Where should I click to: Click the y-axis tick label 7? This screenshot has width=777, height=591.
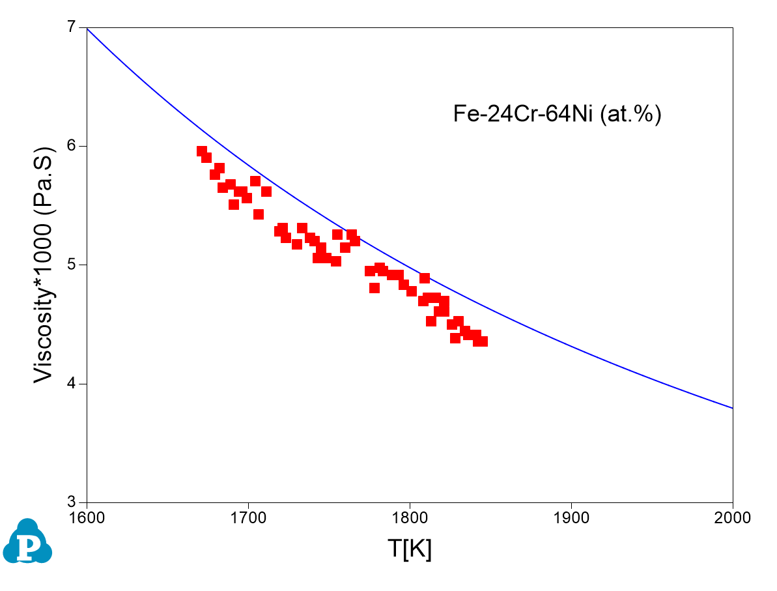coord(72,27)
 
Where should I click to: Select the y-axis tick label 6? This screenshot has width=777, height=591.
coord(72,146)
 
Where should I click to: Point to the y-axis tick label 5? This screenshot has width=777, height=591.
coord(72,265)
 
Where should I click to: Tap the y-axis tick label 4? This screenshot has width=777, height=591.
coord(72,384)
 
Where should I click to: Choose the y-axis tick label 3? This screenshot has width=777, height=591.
coord(72,502)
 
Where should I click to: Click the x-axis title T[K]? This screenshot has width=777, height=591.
coord(410,549)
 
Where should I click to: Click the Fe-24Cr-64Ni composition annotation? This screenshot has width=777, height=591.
coord(557,114)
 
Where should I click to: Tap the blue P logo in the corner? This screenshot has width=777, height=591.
coord(27,542)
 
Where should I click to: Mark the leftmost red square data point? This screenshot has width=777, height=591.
coord(202,151)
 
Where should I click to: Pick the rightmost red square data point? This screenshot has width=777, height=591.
coord(483,341)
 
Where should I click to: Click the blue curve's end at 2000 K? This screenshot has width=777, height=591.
coord(733,408)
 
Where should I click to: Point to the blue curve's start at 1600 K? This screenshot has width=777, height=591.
coord(87,28)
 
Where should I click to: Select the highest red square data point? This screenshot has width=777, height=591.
coord(202,151)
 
